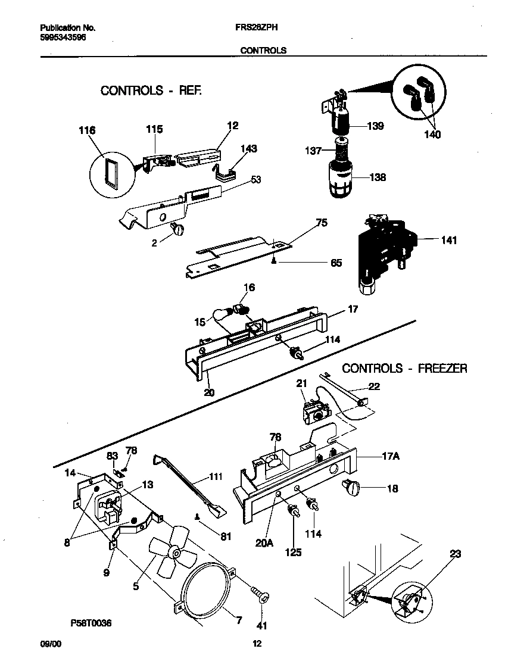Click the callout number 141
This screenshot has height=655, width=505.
pos(449,241)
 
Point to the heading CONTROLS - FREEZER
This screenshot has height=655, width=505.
pos(404,369)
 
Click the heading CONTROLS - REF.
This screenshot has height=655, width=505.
pos(151,91)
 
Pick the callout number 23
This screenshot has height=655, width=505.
pos(456,554)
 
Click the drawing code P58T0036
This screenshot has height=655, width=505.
pos(91,623)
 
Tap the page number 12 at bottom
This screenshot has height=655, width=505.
pos(257,644)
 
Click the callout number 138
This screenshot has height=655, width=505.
pos(377,177)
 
